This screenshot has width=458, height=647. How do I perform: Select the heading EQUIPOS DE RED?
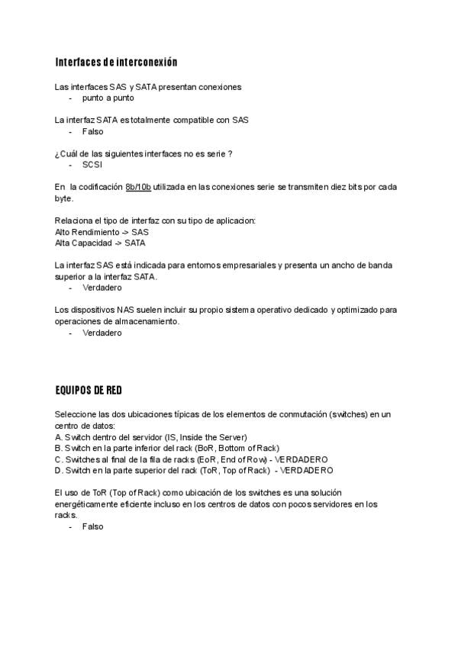tap(89, 391)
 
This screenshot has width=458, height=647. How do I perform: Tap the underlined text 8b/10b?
tap(138, 187)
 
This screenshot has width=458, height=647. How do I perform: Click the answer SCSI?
tap(92, 164)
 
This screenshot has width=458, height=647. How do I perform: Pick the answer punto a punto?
tap(108, 98)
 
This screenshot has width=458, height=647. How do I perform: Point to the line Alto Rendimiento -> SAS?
tap(102, 231)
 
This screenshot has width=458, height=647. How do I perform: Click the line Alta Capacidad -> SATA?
tap(100, 243)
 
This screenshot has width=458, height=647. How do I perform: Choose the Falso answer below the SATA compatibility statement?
tap(92, 131)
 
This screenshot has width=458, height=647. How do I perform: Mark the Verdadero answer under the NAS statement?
tap(102, 333)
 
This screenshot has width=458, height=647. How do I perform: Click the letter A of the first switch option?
tap(59, 437)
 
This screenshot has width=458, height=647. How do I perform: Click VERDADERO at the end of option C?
tap(302, 459)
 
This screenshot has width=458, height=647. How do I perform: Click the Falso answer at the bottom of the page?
tap(92, 526)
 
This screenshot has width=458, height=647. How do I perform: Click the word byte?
tap(64, 198)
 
